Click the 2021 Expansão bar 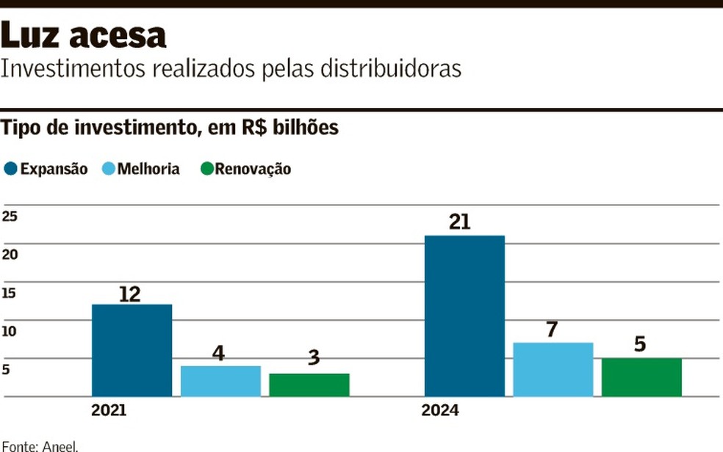pyautogui.click(x=132, y=351)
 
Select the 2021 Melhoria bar pyautogui.click(x=220, y=381)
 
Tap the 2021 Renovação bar pyautogui.click(x=309, y=385)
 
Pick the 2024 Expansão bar pyautogui.click(x=464, y=316)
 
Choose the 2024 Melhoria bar pyautogui.click(x=553, y=370)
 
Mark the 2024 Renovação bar pyautogui.click(x=641, y=377)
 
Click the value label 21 pyautogui.click(x=459, y=222)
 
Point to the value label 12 pyautogui.click(x=129, y=294)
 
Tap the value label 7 pyautogui.click(x=552, y=329)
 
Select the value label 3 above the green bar pyautogui.click(x=314, y=358)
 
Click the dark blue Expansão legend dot pyautogui.click(x=10, y=169)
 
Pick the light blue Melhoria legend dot pyautogui.click(x=108, y=169)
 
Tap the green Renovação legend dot pyautogui.click(x=206, y=169)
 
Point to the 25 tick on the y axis pyautogui.click(x=10, y=216)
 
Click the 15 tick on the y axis pyautogui.click(x=9, y=293)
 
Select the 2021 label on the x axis pyautogui.click(x=109, y=411)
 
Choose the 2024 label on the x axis pyautogui.click(x=439, y=411)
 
